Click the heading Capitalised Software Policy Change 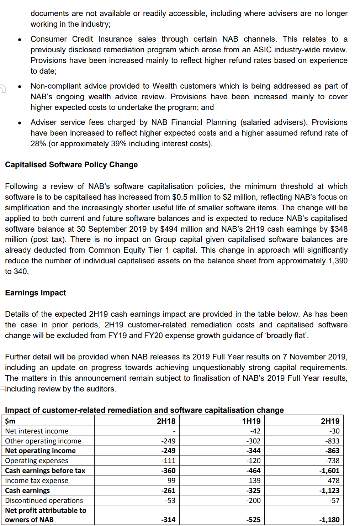[71, 165]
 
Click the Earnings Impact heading [35, 293]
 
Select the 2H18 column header [166, 421]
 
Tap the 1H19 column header [251, 421]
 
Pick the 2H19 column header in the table [330, 421]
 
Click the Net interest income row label [37, 431]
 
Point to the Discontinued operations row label [44, 500]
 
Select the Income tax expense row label [37, 480]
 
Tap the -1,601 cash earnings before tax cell [329, 470]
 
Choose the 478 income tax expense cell [334, 480]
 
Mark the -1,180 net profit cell [329, 520]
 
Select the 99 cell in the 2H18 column [171, 480]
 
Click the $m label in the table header [10, 421]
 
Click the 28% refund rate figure [38, 144]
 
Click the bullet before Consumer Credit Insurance [20, 40]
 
